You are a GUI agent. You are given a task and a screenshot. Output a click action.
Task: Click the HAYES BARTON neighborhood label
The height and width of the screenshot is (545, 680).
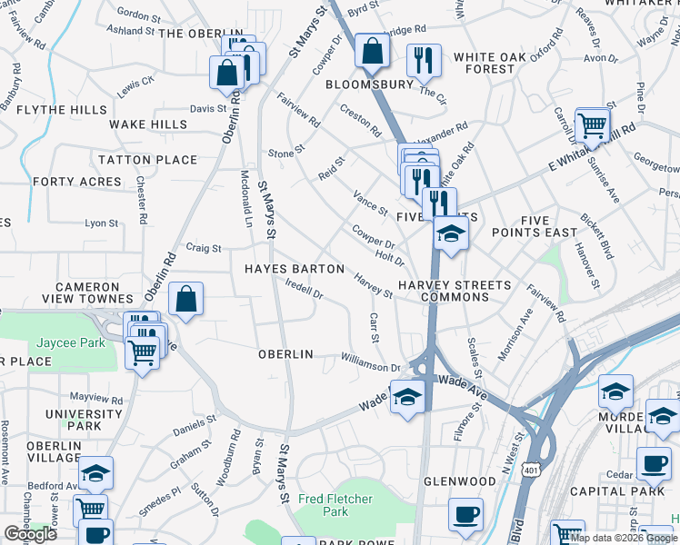click(x=295, y=269)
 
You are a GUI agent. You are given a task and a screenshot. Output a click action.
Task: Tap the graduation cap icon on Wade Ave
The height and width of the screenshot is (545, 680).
click(x=407, y=397)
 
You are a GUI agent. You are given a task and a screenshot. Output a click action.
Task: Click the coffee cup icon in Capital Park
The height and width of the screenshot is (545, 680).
click(x=653, y=464)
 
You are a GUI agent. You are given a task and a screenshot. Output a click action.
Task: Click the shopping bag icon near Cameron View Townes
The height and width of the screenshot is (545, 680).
click(x=185, y=301)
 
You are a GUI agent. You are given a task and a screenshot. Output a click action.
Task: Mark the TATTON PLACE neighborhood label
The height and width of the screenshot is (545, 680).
click(x=147, y=160)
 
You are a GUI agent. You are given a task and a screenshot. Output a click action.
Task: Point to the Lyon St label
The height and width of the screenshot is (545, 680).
click(x=101, y=223)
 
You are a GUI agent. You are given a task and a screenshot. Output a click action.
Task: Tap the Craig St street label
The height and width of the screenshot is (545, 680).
click(x=204, y=247)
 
